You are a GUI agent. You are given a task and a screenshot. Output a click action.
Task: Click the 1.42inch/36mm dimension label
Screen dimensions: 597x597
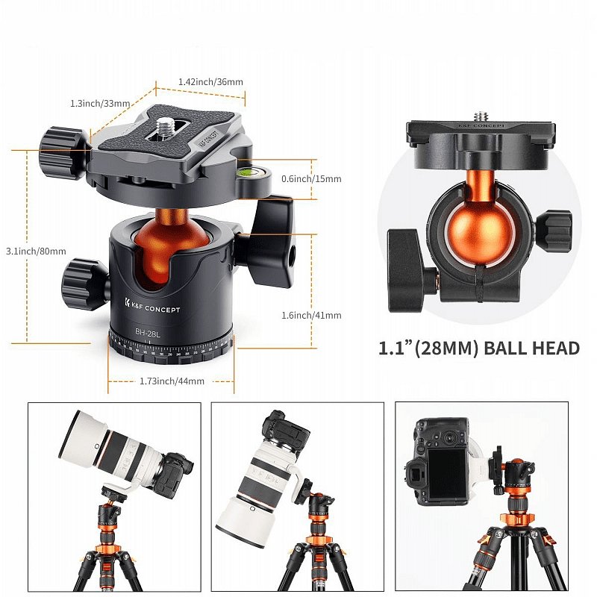coord(210,82)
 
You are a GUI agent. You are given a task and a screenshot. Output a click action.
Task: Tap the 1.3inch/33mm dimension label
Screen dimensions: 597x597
coord(100,103)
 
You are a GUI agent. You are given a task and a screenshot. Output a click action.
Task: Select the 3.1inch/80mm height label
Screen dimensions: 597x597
coord(36,251)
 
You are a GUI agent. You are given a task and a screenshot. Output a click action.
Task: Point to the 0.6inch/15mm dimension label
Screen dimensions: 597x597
coord(311,178)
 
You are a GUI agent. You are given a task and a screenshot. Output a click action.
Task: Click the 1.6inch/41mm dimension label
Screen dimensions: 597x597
coord(311,315)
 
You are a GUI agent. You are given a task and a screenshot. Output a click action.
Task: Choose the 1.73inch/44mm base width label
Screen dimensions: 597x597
coord(172,381)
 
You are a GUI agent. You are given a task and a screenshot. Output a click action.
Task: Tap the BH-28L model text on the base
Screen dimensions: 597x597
coord(148,333)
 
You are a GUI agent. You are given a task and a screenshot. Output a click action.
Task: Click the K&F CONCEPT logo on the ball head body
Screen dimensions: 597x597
coord(152,306)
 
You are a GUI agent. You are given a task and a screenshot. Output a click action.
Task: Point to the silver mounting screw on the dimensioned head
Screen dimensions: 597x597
coord(166,125)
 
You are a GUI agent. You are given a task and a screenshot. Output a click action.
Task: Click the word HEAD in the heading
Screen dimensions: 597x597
coord(554,348)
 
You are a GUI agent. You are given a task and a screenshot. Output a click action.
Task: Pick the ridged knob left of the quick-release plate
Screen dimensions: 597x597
coord(64,153)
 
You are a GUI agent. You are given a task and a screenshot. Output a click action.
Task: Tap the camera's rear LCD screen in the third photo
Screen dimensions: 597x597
coord(447,474)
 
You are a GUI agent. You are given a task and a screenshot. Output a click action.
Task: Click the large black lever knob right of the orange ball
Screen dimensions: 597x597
coord(273,241)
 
